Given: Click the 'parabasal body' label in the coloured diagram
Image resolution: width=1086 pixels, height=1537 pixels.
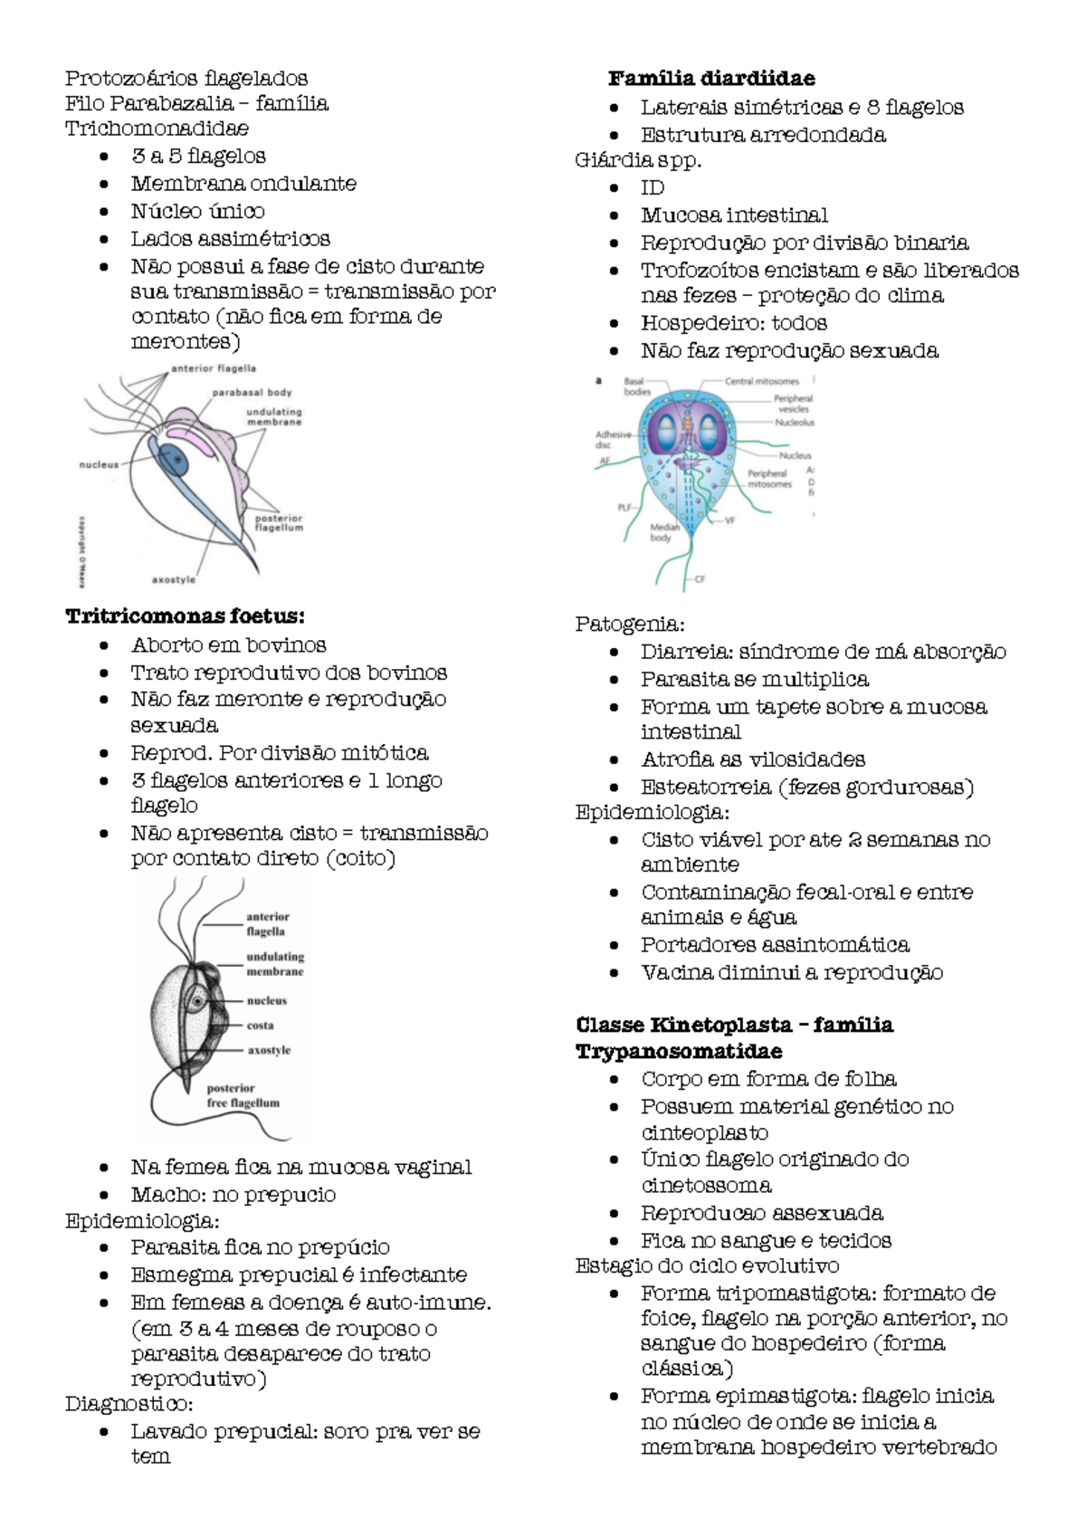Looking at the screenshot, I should (x=252, y=393).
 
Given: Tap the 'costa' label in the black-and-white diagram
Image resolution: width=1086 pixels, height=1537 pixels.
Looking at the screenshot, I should (x=260, y=1026).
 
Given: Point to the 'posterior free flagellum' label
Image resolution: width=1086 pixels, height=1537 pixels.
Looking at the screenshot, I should (x=243, y=1096).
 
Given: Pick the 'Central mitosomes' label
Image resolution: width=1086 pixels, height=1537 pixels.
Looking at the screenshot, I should (x=761, y=381).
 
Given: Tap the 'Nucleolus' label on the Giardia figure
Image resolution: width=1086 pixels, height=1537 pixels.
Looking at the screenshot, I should (x=795, y=422).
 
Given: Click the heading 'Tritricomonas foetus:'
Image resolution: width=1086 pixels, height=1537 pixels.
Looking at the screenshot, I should (x=185, y=616).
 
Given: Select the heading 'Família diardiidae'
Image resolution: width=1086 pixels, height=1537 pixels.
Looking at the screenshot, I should (x=711, y=79).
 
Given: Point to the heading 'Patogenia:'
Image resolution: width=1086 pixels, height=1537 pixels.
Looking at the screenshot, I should (x=630, y=624).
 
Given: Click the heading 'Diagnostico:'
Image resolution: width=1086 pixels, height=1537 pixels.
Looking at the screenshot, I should (x=129, y=1404).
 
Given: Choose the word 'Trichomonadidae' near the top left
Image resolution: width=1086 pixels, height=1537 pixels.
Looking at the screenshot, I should (x=157, y=129).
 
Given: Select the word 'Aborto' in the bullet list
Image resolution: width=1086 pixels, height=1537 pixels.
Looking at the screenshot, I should (x=166, y=644).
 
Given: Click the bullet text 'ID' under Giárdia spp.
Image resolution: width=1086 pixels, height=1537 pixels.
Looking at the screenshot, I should (x=653, y=187).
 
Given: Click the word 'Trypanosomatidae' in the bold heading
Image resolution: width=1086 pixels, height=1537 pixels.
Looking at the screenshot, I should (x=679, y=1051).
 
